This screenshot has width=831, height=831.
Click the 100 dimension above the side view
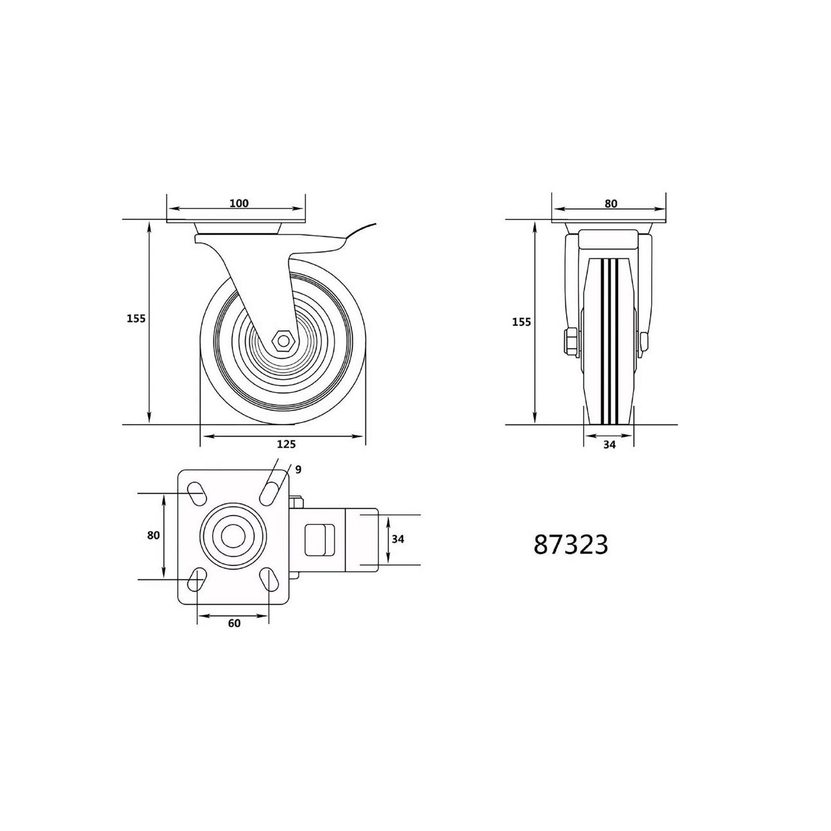tap(239, 203)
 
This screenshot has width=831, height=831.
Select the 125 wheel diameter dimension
tap(286, 444)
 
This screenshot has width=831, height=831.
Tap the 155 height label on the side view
tap(136, 319)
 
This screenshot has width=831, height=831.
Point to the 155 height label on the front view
tap(521, 322)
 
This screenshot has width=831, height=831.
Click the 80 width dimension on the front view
tap(611, 204)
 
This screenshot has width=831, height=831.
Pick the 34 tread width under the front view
tap(609, 445)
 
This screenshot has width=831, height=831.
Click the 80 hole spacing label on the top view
tap(153, 535)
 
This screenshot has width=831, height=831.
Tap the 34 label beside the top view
tap(397, 539)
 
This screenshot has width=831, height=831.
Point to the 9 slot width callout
tap(298, 469)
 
